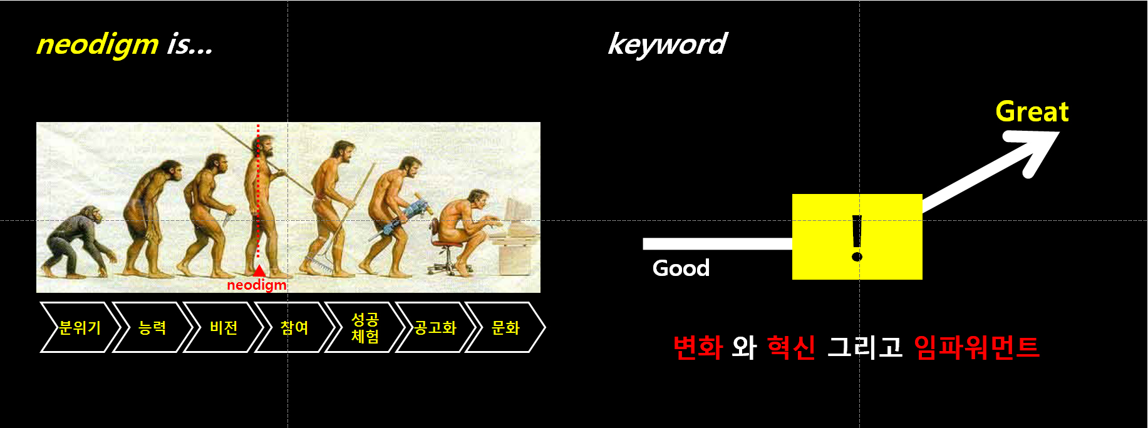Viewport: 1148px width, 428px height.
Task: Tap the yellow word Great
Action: click(x=1032, y=112)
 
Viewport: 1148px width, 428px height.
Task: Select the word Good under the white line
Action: click(x=681, y=268)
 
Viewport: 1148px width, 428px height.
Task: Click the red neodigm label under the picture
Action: click(x=256, y=285)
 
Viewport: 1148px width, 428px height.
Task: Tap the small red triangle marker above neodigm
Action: click(x=259, y=270)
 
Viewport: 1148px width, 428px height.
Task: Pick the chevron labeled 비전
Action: click(x=223, y=327)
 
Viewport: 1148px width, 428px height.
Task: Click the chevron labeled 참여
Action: click(x=294, y=327)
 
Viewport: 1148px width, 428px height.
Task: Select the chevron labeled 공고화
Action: click(x=435, y=327)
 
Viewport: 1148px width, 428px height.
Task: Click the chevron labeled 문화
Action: click(x=505, y=327)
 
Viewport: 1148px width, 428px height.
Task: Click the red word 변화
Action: click(x=698, y=347)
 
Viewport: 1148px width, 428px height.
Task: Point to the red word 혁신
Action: click(x=791, y=347)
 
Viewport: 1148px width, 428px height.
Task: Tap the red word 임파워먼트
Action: click(x=976, y=347)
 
